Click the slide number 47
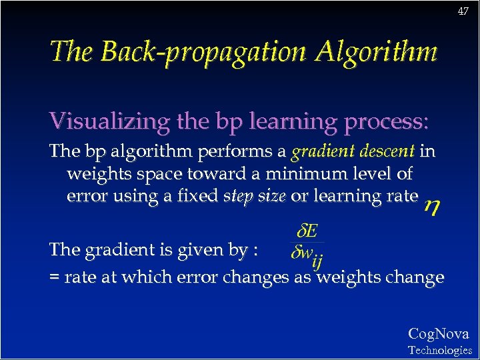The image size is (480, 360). pos(463,11)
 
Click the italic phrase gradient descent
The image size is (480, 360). pos(353,152)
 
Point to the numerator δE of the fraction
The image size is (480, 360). pos(307,232)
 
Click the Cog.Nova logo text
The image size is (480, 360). pos(438,334)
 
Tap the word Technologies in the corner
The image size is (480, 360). pos(439,350)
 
